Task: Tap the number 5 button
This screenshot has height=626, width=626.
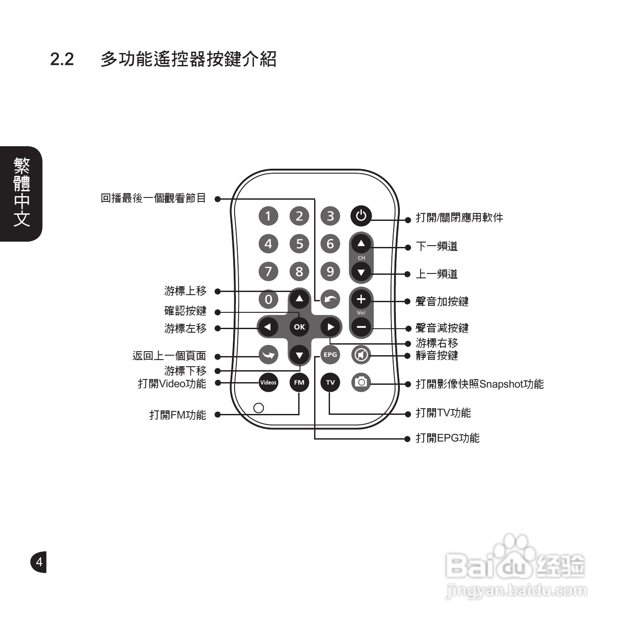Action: coord(300,244)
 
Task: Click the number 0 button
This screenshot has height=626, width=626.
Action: coord(268,300)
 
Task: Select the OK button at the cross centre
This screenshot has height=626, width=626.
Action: coord(300,327)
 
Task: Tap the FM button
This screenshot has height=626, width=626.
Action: coord(300,382)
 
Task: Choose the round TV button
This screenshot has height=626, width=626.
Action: coord(330,382)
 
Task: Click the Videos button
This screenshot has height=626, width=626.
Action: coord(268,382)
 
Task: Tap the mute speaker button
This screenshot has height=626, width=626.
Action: coord(361,355)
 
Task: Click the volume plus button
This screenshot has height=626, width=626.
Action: coord(361,300)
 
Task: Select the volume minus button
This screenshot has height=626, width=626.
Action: coord(361,327)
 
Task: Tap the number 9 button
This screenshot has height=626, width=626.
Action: coord(330,271)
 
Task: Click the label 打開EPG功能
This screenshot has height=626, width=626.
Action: coord(448,438)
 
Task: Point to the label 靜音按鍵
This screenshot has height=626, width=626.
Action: coord(436,356)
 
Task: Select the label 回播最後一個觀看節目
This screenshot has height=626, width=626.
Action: coord(153,198)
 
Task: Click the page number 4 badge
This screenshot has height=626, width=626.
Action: coord(39,562)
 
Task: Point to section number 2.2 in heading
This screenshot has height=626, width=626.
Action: coord(62,59)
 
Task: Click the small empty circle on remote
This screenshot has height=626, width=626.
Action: coord(259,407)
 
